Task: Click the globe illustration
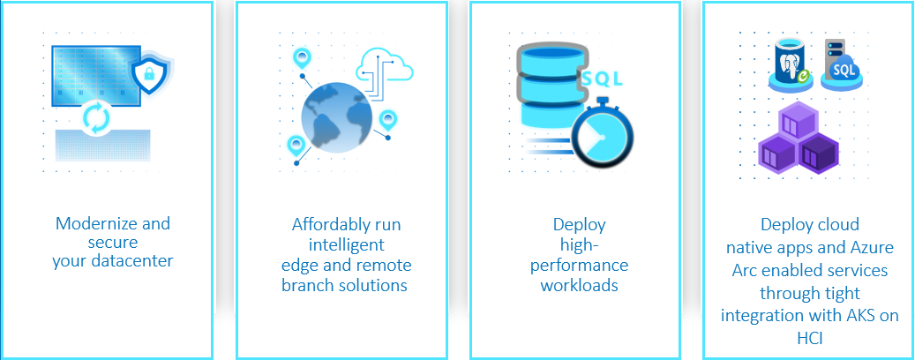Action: click(x=337, y=117)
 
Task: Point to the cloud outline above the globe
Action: click(x=385, y=65)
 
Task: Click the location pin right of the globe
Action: click(x=388, y=120)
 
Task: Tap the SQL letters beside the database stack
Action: click(x=603, y=79)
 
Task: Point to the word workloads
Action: click(x=579, y=285)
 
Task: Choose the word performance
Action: click(x=583, y=266)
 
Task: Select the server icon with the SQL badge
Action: click(x=840, y=65)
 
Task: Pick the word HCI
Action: click(x=809, y=338)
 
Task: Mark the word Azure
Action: click(x=872, y=247)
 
